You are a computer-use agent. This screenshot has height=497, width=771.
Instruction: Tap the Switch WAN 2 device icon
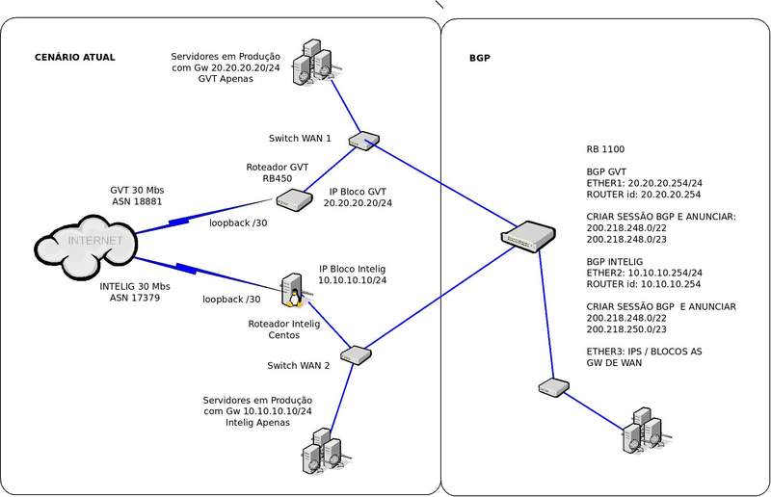click(x=357, y=354)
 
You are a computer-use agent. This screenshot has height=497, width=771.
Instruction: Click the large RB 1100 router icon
click(x=529, y=236)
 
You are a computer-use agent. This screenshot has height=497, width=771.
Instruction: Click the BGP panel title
click(x=480, y=58)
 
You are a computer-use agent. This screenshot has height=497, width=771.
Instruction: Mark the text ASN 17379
click(x=134, y=299)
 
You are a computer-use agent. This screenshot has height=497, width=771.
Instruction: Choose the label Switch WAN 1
click(x=300, y=138)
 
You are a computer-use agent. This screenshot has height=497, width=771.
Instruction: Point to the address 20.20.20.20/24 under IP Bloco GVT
click(x=358, y=203)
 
